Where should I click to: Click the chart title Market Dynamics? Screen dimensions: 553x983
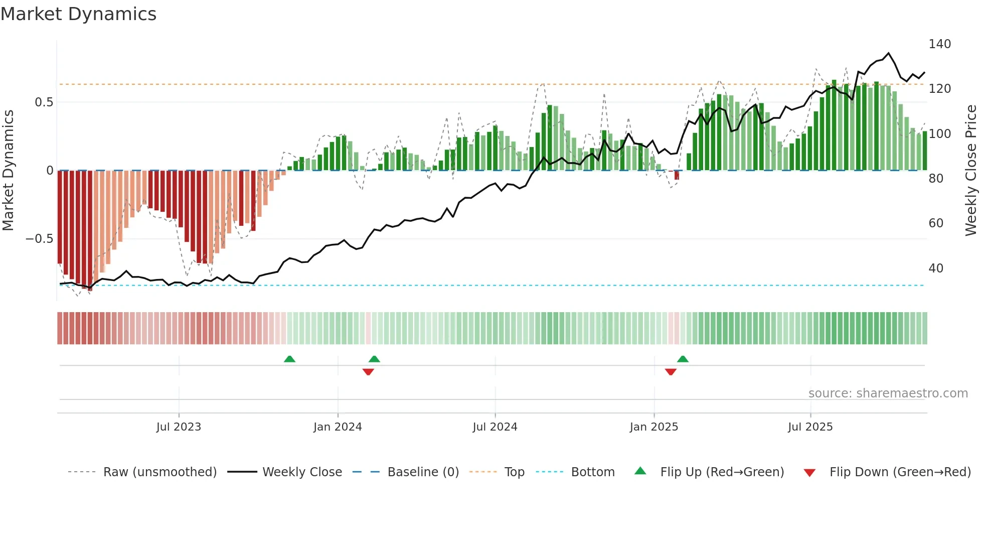79,14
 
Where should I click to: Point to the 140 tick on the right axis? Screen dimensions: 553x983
939,44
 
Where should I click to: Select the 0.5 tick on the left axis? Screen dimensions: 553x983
44,102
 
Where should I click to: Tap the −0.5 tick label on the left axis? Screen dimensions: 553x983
39,239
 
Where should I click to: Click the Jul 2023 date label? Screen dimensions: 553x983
179,427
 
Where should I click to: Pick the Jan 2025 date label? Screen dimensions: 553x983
653,427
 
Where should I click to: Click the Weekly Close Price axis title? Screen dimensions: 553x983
971,171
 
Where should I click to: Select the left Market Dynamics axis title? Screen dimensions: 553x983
8,171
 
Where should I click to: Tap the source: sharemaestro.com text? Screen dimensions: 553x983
888,393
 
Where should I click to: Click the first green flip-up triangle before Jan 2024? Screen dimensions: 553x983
289,359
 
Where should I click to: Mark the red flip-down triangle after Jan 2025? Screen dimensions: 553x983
671,372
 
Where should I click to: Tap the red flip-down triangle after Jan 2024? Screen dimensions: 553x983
368,372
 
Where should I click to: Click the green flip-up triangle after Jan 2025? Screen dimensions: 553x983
683,359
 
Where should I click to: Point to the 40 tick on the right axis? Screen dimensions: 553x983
936,268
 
